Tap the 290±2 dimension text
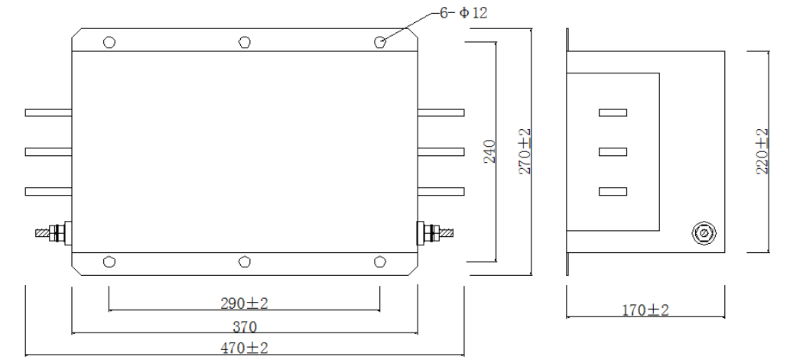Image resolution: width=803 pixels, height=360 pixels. tap(244, 303)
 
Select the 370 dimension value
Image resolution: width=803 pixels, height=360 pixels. tap(244, 326)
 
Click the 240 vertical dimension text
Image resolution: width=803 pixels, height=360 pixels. tap(490, 152)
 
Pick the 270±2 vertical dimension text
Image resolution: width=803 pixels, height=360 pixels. tap(525, 152)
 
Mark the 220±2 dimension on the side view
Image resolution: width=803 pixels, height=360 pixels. tap(762, 152)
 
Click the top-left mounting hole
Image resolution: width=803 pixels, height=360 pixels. tap(109, 42)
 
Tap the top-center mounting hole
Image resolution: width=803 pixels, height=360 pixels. tap(244, 42)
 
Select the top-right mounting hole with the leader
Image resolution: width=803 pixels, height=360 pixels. tap(379, 42)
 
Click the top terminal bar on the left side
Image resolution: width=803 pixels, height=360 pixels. tap(48, 113)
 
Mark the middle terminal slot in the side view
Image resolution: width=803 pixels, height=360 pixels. tap(613, 151)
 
